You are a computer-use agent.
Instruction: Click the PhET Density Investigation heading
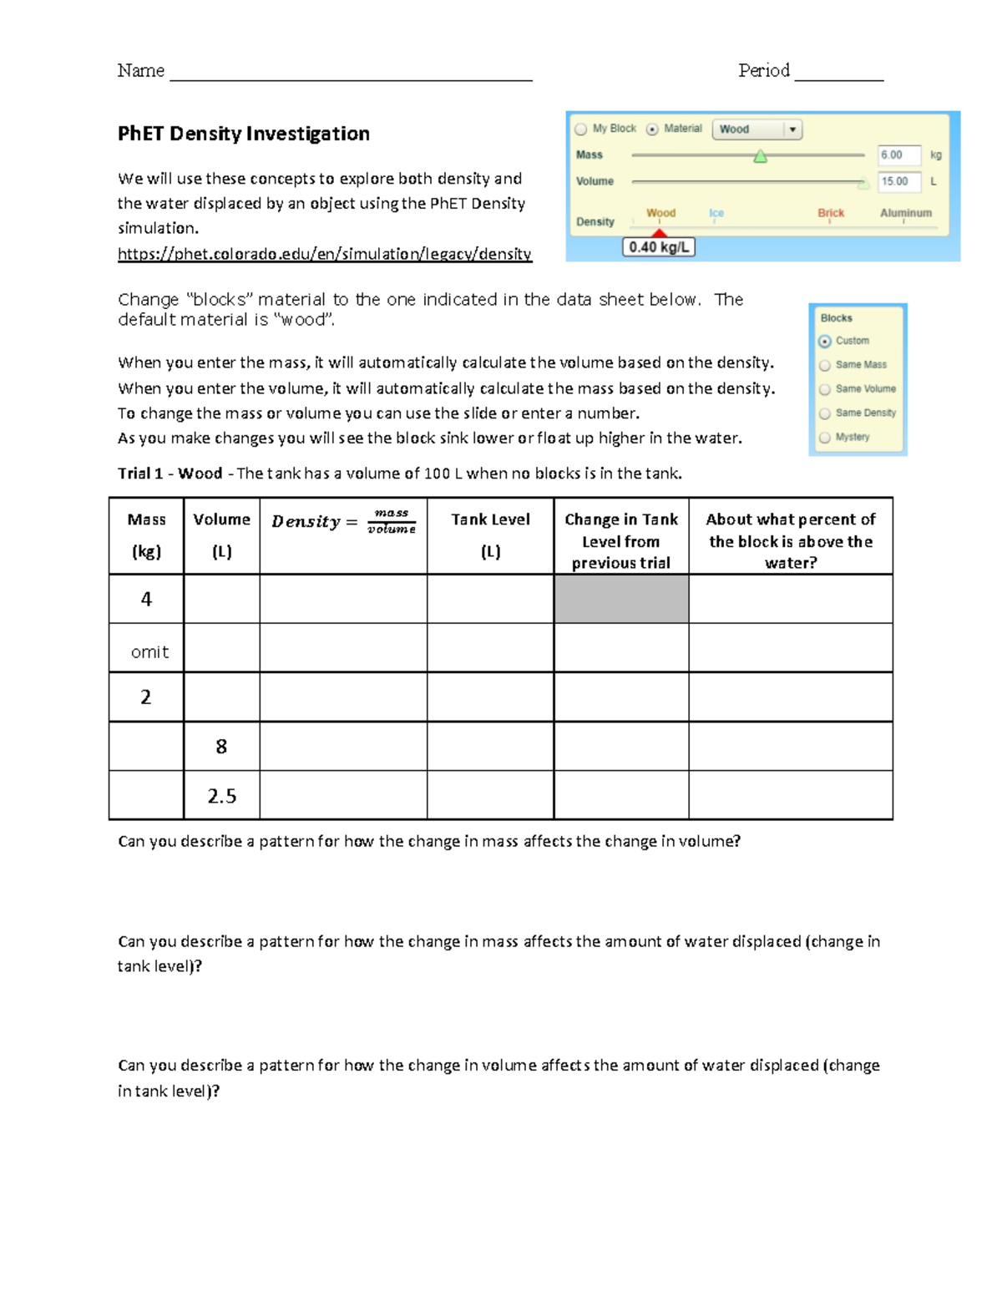tap(243, 134)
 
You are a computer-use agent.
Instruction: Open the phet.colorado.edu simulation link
tap(324, 254)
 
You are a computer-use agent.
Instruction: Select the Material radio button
tap(653, 129)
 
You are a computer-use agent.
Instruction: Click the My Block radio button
tap(581, 129)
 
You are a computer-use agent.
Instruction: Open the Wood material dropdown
tap(757, 129)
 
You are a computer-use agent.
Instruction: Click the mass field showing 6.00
tap(898, 155)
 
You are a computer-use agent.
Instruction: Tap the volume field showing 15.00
tap(898, 181)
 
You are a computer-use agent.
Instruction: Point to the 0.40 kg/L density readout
tap(659, 247)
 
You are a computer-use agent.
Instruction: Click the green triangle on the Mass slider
tap(760, 156)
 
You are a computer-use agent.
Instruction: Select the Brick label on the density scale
tap(831, 213)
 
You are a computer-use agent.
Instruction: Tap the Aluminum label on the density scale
tap(905, 213)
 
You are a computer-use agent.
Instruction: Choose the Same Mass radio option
tap(825, 365)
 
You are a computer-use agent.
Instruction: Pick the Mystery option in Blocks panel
tap(825, 438)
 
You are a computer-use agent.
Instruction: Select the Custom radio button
tap(825, 341)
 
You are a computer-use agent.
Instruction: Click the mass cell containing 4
tap(146, 599)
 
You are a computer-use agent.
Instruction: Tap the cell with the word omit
tap(149, 652)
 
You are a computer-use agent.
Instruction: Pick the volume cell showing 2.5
tap(221, 796)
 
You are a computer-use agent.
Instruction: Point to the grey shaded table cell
tap(621, 599)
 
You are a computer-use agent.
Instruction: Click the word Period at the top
tap(763, 71)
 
